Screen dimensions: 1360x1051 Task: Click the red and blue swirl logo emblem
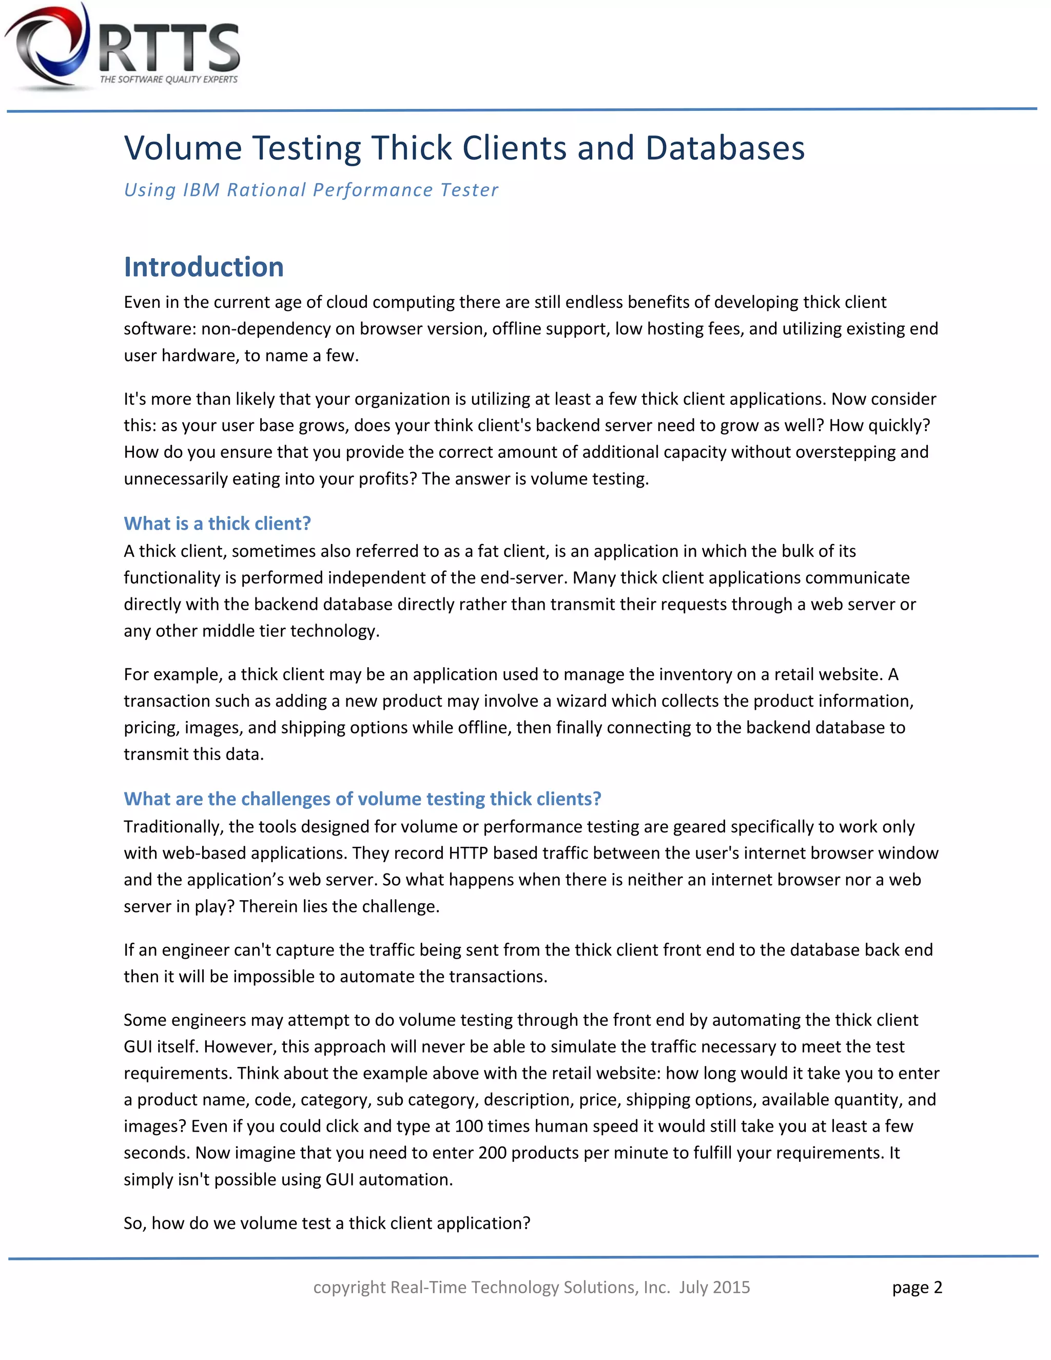coord(49,46)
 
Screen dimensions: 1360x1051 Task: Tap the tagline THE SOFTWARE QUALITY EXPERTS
coord(169,80)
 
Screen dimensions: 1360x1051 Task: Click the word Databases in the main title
coord(725,148)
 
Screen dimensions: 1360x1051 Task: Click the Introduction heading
coord(204,267)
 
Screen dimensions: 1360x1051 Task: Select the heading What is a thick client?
coord(217,523)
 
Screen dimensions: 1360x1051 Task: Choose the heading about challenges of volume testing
coord(362,799)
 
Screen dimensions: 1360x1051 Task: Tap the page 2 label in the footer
coord(917,1288)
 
